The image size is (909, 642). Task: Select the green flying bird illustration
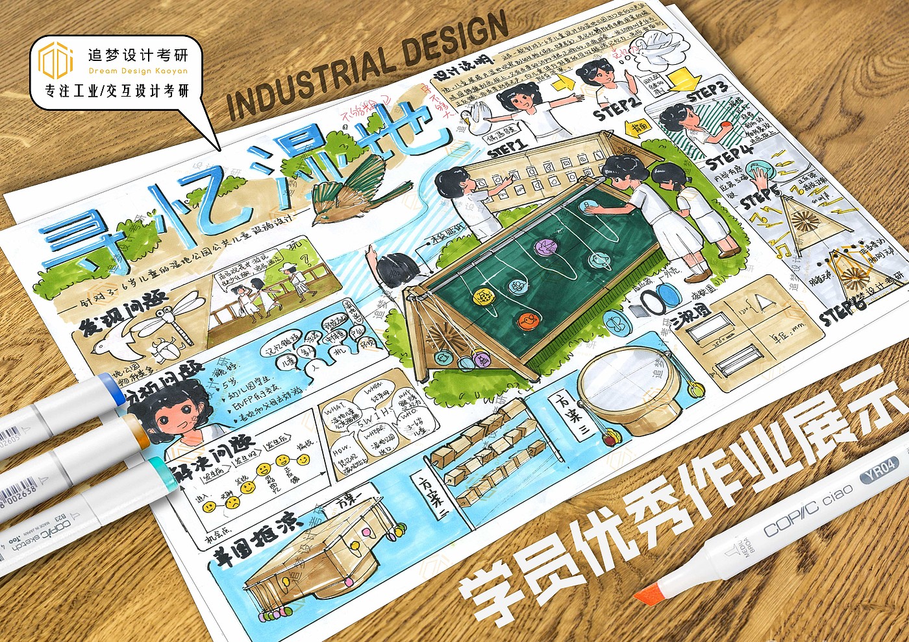click(x=351, y=188)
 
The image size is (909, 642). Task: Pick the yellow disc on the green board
click(x=484, y=297)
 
